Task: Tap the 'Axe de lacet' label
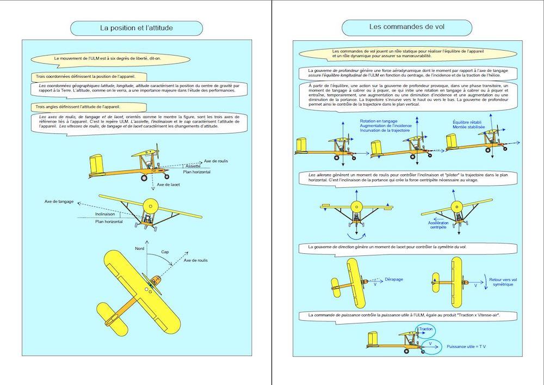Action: click(168, 185)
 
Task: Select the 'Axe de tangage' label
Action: click(60, 201)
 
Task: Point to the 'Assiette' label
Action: click(193, 166)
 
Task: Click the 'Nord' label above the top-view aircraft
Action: click(140, 248)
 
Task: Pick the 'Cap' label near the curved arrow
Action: click(165, 252)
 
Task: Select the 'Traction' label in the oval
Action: click(426, 329)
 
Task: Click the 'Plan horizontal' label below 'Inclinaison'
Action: click(109, 222)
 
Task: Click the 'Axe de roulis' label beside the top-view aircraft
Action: click(196, 260)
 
